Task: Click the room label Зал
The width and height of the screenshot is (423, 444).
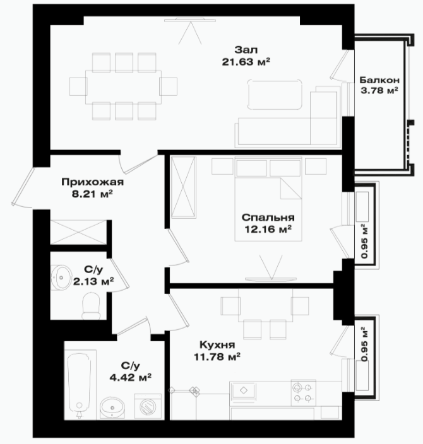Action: (246, 50)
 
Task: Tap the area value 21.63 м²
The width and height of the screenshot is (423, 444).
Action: (246, 62)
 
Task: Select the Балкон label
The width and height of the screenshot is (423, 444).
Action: (379, 80)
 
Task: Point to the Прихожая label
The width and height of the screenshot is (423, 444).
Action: (93, 182)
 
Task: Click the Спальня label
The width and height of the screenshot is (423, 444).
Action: (268, 218)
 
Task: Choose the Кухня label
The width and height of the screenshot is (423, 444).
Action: (217, 345)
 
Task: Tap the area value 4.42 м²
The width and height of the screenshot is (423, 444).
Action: (131, 377)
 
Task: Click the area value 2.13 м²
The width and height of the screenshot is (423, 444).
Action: (93, 281)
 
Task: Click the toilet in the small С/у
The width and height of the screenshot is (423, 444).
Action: (91, 307)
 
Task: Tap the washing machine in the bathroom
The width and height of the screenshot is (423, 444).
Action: (148, 406)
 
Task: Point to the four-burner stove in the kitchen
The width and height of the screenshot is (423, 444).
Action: (303, 393)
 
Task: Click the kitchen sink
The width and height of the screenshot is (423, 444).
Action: (243, 391)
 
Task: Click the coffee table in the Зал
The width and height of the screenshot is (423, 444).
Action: (275, 95)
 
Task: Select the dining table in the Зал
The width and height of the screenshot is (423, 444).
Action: (124, 87)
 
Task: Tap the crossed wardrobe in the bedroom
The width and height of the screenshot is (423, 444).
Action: (184, 187)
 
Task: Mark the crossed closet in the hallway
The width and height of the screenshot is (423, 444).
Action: (78, 232)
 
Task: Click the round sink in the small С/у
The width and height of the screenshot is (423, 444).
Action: (61, 277)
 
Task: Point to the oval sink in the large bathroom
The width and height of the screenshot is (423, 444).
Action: (112, 407)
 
